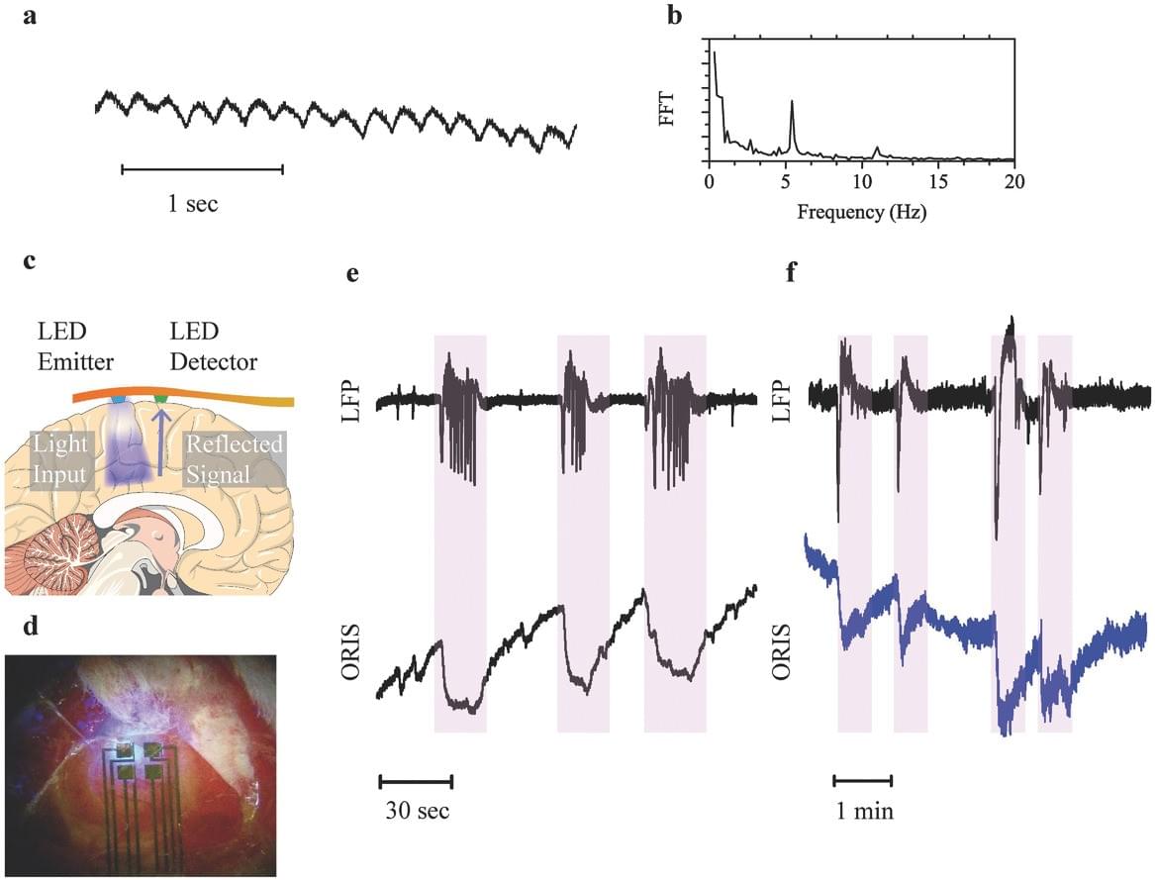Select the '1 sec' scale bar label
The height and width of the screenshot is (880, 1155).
tap(192, 205)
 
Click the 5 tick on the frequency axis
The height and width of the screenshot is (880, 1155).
tap(785, 182)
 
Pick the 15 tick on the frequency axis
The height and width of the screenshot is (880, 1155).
tap(937, 182)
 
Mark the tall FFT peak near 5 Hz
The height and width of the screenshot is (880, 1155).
tap(792, 102)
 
